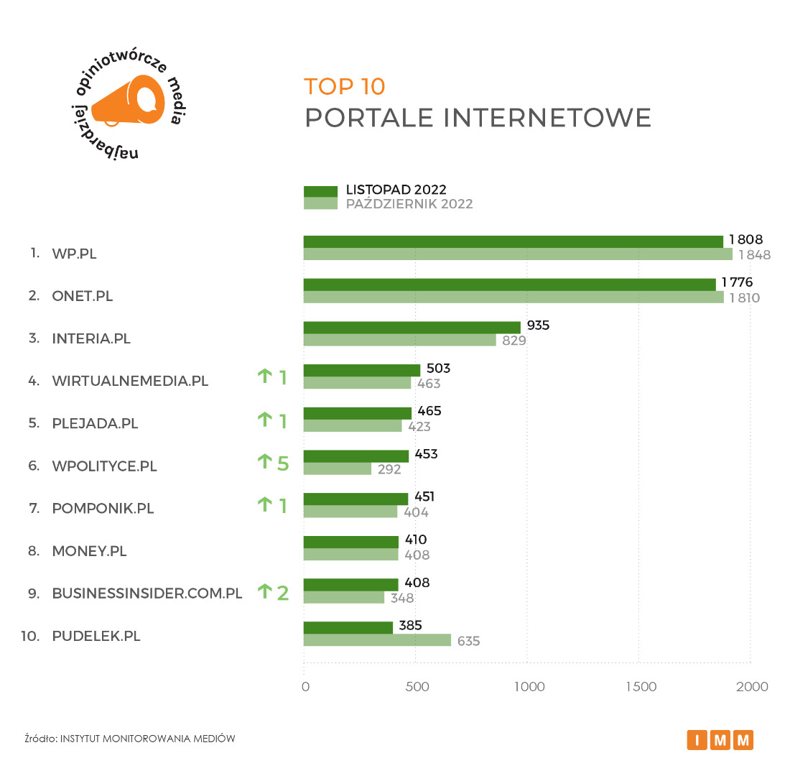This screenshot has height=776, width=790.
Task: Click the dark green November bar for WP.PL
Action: [x=513, y=241]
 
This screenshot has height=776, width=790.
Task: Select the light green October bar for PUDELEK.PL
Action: [x=377, y=640]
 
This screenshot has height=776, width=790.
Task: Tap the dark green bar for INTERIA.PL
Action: [x=412, y=327]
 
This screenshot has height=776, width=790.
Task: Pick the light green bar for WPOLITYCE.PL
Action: [x=338, y=469]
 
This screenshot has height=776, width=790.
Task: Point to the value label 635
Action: [x=468, y=641]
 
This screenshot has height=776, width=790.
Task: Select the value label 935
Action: [x=538, y=325]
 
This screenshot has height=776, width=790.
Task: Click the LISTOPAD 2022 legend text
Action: [x=396, y=190]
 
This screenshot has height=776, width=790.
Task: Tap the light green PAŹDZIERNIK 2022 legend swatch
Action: [x=320, y=203]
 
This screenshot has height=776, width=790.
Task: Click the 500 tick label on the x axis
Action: [x=417, y=687]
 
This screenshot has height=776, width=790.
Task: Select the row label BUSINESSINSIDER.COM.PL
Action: [x=147, y=593]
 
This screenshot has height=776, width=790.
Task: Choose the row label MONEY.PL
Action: [x=89, y=551]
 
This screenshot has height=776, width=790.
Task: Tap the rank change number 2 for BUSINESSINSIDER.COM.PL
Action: [x=283, y=593]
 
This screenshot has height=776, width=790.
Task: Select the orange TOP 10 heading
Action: [x=345, y=86]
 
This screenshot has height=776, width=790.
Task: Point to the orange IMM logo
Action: [x=720, y=739]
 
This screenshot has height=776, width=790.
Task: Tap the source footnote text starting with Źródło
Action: [x=129, y=739]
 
